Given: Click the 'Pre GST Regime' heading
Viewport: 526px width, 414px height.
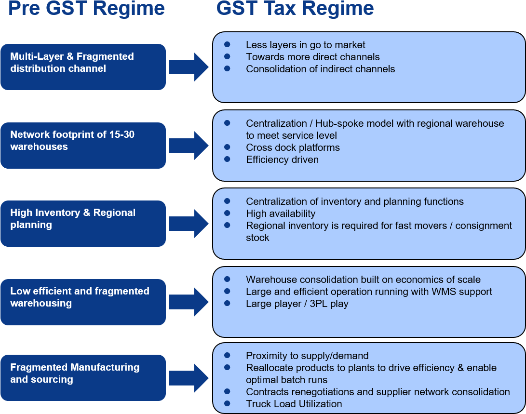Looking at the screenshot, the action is pos(86,8).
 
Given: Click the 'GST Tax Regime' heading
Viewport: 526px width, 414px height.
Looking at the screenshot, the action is pos(295,8).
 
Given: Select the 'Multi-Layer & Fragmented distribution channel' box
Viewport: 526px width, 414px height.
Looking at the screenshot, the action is pos(83,67).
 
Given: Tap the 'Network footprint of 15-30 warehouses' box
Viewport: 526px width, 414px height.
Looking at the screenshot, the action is pos(83,146).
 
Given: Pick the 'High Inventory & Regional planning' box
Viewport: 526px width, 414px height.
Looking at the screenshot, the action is pos(83,224).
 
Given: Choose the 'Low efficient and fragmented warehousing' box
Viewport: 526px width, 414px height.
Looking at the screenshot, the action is pos(83,302).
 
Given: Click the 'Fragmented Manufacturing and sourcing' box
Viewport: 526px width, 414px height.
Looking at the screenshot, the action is pos(83,378).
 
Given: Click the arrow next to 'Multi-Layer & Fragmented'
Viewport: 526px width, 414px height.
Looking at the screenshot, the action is pos(189,67).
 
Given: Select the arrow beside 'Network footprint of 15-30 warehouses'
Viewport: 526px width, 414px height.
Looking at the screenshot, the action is pos(189,146).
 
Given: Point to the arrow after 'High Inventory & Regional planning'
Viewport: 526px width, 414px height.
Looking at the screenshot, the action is pos(189,224).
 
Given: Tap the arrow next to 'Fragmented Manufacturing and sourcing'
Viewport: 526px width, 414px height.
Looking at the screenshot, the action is pos(189,378).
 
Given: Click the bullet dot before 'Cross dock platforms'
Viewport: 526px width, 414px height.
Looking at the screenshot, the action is pos(227,147).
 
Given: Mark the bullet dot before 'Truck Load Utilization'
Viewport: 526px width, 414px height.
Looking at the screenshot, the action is pos(227,403).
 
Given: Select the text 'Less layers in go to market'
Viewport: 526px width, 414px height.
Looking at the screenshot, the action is pos(305,45).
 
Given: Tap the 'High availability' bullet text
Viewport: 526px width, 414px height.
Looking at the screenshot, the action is pos(281,214).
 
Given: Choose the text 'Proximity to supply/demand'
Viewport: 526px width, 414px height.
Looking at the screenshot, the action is pos(307,356).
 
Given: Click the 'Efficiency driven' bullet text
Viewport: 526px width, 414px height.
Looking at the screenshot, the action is pos(282,160).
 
